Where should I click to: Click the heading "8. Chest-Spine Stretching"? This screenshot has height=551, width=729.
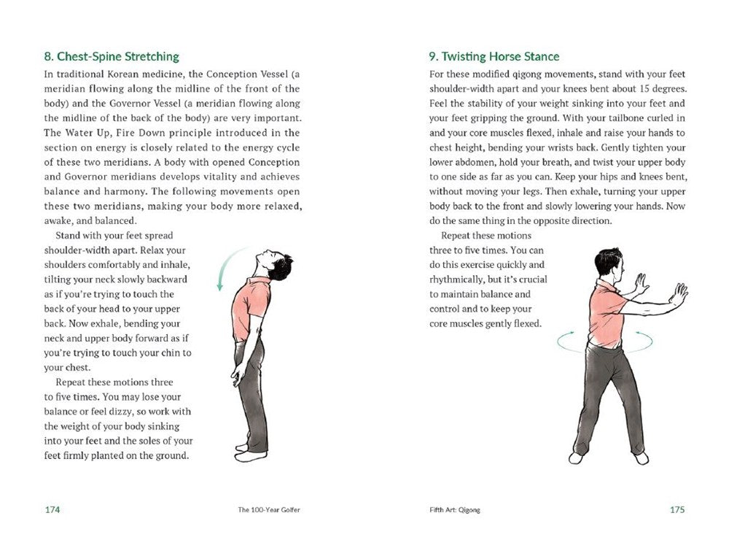pos(112,56)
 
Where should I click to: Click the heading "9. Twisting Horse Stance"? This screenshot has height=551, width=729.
pos(494,56)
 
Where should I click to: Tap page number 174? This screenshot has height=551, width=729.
pos(52,509)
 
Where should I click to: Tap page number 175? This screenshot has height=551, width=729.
pos(677,509)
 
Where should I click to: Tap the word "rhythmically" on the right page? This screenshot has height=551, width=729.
pos(459,280)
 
